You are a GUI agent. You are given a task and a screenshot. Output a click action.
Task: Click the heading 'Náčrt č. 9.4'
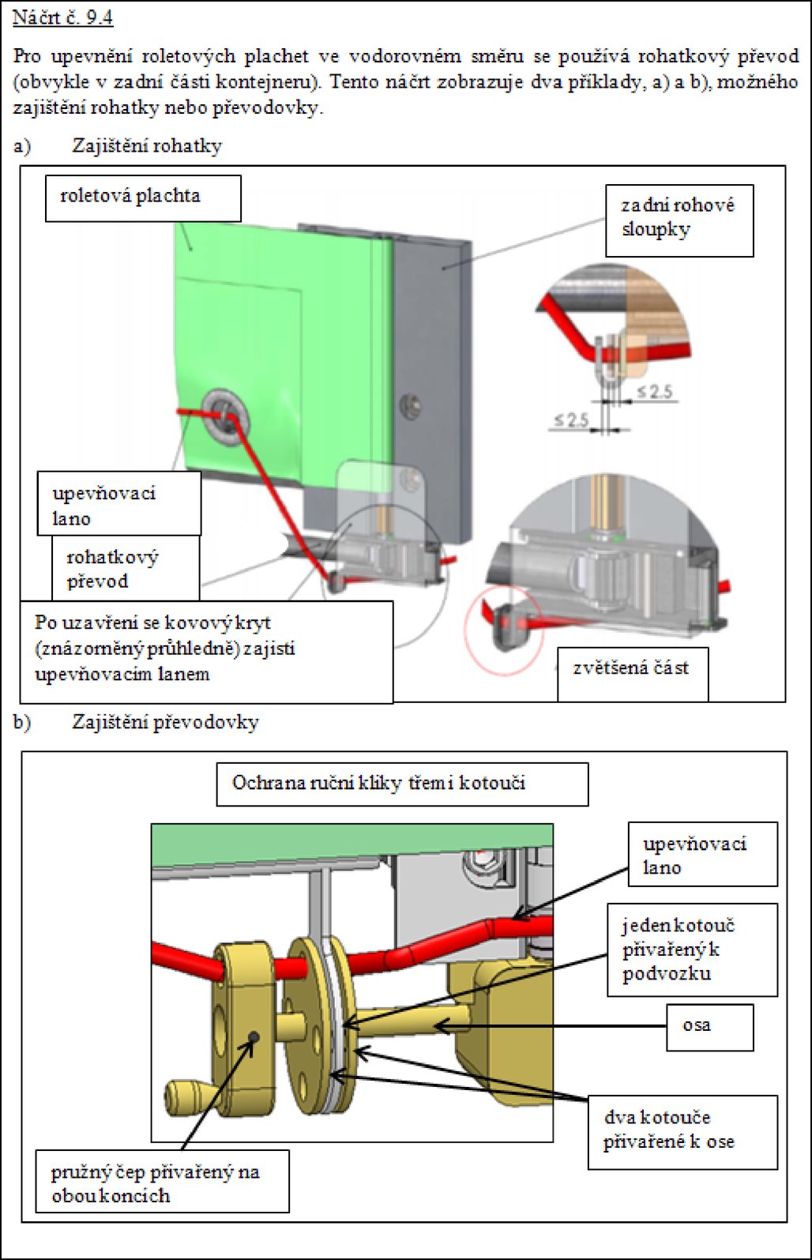pos(63,18)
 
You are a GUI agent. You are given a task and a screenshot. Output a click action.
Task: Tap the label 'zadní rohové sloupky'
pos(679,220)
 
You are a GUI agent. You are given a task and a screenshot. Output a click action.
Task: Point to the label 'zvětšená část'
pos(632,669)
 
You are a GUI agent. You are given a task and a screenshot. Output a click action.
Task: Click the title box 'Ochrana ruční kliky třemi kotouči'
pos(402,784)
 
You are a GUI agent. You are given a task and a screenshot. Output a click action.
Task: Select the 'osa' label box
pos(709,1026)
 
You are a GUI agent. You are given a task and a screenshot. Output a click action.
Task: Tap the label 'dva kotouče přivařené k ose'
pos(682,1130)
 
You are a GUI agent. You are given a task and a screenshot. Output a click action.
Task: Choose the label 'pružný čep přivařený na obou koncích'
pos(162,1183)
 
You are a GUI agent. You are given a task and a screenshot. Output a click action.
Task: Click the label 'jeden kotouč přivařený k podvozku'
pos(691,949)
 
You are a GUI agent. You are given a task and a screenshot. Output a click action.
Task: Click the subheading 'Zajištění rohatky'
pos(147,146)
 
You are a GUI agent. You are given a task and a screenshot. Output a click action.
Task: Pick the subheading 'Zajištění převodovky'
pos(165,722)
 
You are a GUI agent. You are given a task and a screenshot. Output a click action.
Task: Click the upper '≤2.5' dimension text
pos(655,392)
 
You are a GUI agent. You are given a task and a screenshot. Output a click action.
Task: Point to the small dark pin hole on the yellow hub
pos(254,1036)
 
